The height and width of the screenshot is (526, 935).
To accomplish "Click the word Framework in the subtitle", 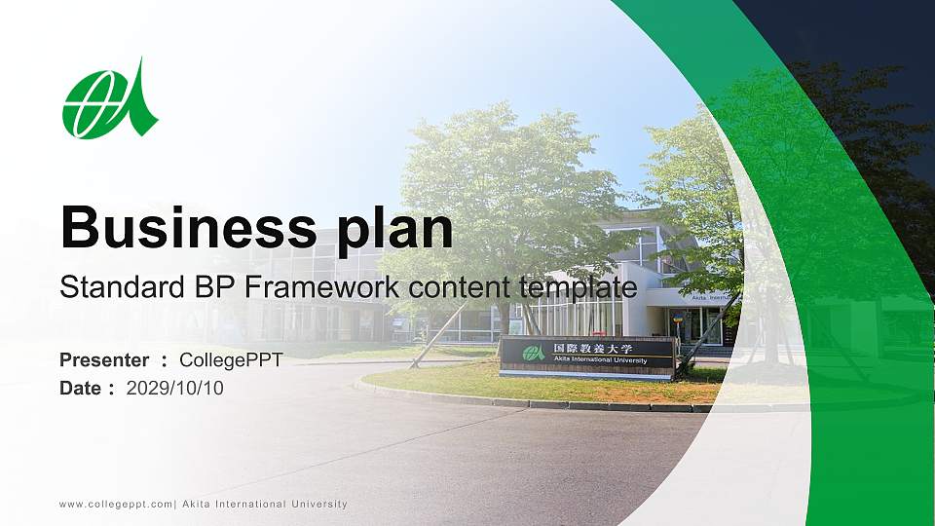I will click(310, 287).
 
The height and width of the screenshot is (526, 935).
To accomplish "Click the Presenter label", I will click(104, 360).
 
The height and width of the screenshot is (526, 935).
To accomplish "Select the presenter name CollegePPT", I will click(231, 360).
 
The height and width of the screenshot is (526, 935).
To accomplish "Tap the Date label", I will click(81, 389).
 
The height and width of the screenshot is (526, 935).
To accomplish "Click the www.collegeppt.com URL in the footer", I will click(115, 505).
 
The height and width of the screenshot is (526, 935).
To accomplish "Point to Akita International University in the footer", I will click(264, 505).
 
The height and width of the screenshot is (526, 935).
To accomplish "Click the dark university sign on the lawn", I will click(587, 357).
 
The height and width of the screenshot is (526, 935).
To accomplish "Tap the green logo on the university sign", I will click(533, 353).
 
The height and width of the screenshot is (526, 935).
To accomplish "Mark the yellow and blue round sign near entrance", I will click(677, 319).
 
